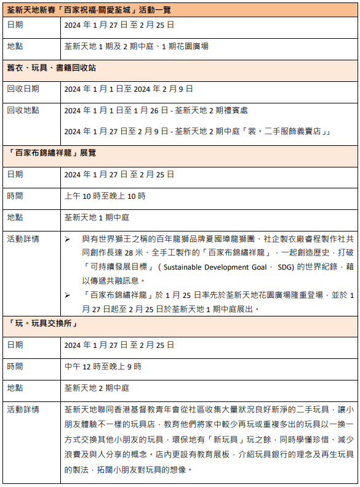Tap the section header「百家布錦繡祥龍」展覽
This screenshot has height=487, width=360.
tap(51, 152)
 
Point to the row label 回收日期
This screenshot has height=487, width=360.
tap(23, 89)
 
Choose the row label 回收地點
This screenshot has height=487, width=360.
tap(23, 110)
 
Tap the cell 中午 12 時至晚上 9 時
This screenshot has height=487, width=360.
tap(103, 366)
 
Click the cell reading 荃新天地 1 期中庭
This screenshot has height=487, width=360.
tap(97, 217)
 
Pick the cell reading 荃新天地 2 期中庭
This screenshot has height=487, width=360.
tap(97, 388)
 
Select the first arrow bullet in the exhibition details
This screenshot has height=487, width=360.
tap(68, 239)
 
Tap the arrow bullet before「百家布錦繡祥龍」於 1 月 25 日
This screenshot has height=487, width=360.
tap(68, 295)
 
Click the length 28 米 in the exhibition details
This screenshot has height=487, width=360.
tap(132, 253)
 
